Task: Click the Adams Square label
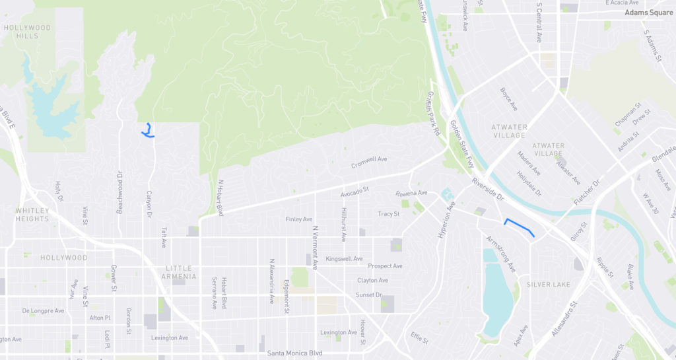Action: pyautogui.click(x=650, y=13)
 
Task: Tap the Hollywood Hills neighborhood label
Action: pyautogui.click(x=27, y=32)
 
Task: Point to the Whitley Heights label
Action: pyautogui.click(x=32, y=215)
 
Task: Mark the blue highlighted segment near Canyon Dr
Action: pyautogui.click(x=148, y=131)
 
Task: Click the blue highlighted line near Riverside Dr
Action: pyautogui.click(x=520, y=227)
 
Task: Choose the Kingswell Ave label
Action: pyautogui.click(x=344, y=258)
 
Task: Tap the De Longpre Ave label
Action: pyautogui.click(x=44, y=310)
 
